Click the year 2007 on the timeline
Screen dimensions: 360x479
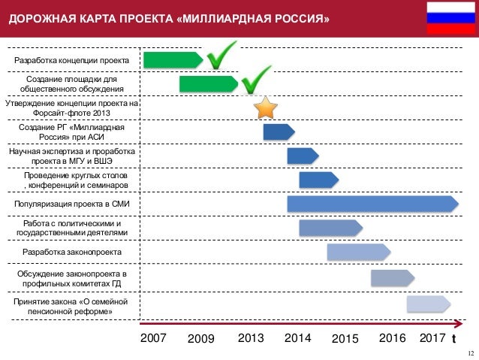(153, 338)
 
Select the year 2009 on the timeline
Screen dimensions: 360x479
(200, 339)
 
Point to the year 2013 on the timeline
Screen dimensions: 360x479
(251, 338)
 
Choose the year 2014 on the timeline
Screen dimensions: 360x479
(298, 338)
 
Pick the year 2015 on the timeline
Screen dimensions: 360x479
(345, 339)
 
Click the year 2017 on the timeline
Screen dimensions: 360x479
(432, 338)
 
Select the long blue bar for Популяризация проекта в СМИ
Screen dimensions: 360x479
(372, 204)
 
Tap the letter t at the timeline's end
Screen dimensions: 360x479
(453, 339)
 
